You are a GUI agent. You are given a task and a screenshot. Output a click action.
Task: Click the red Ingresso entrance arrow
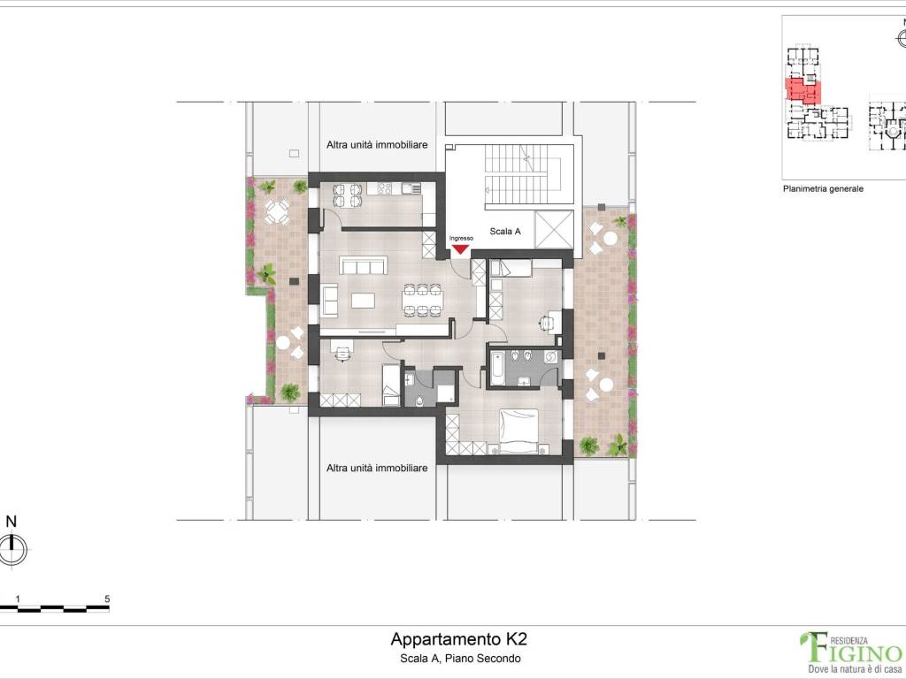coord(460,248)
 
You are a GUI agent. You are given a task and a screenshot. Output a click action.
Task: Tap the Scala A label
coord(505,231)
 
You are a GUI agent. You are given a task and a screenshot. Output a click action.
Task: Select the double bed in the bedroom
coord(519,431)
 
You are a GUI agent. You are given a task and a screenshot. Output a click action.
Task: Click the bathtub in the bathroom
coord(497,368)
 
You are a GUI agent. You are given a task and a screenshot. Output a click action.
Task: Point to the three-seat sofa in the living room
coord(364,265)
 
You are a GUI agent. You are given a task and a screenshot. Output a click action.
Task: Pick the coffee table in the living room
coord(363,301)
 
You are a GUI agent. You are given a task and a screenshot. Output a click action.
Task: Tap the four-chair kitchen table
coord(348,195)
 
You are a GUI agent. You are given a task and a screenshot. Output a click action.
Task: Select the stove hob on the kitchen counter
coord(384,188)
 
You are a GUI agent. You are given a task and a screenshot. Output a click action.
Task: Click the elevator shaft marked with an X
coord(554,230)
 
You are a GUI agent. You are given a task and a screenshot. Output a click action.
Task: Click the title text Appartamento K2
coord(459,639)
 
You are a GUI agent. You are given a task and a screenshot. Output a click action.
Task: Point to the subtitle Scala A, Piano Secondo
coord(460,658)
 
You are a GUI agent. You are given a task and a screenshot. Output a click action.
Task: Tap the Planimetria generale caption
coord(823,189)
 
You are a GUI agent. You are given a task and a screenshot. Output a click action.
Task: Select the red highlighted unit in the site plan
coord(802,91)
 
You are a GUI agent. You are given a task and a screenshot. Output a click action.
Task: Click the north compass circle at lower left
coord(12,548)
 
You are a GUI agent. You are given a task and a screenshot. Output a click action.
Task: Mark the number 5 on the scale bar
coord(107,599)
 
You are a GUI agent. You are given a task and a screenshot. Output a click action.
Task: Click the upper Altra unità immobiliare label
coord(377,145)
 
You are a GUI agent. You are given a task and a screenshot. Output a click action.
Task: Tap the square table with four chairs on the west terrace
coord(277,212)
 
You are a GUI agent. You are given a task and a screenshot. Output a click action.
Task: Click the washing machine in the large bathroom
coord(550,357)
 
